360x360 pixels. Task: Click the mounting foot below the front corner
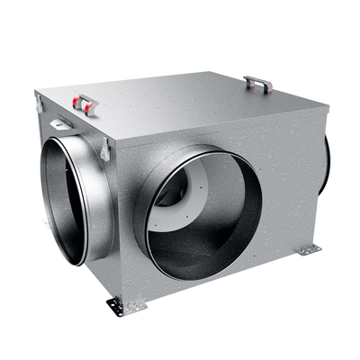[122, 306]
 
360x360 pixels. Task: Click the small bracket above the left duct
[63, 121]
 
